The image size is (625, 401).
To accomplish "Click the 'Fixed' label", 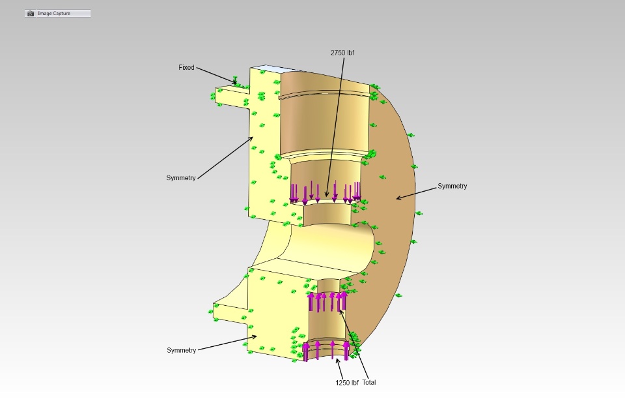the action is coord(186,68).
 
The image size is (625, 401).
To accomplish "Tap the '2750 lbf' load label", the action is coord(342,53).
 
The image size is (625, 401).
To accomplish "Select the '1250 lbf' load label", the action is coord(347,383).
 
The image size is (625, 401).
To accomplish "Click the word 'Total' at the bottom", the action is coord(369,382).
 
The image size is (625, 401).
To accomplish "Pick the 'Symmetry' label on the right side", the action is coord(452,186).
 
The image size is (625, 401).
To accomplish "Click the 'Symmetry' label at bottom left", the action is coord(182,350).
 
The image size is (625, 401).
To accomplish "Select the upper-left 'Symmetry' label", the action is coord(181,178).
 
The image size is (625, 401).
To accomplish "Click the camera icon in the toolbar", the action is coord(31,14).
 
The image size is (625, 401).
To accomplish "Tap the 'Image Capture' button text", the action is coord(54,13).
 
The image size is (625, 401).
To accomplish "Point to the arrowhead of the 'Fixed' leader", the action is coord(236,83).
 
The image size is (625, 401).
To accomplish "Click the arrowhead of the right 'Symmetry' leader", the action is coord(397,198).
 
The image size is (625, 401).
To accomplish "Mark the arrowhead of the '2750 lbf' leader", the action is coord(326,196).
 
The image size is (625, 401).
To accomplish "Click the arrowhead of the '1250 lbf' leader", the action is coord(337,359).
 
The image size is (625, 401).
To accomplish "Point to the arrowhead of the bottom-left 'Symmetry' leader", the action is coord(255,336).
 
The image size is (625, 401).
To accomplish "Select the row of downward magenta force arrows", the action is coord(325,192).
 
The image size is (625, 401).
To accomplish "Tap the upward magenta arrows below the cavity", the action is coord(327,301).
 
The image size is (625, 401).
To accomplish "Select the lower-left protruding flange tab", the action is coord(230,313).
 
